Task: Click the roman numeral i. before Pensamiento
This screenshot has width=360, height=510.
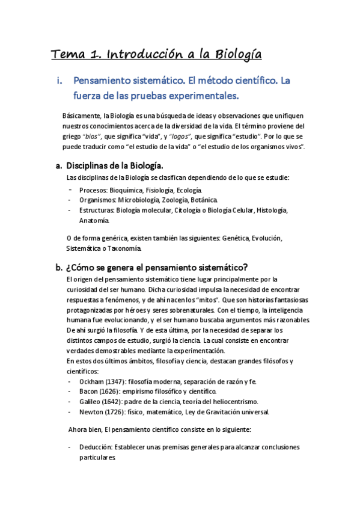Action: (58, 80)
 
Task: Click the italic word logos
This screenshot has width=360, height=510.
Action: (185, 137)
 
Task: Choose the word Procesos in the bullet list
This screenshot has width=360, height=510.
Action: (94, 190)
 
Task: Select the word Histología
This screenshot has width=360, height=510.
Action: (272, 210)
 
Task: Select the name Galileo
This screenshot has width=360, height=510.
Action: (90, 402)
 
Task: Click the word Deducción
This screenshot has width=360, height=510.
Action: (96, 447)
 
